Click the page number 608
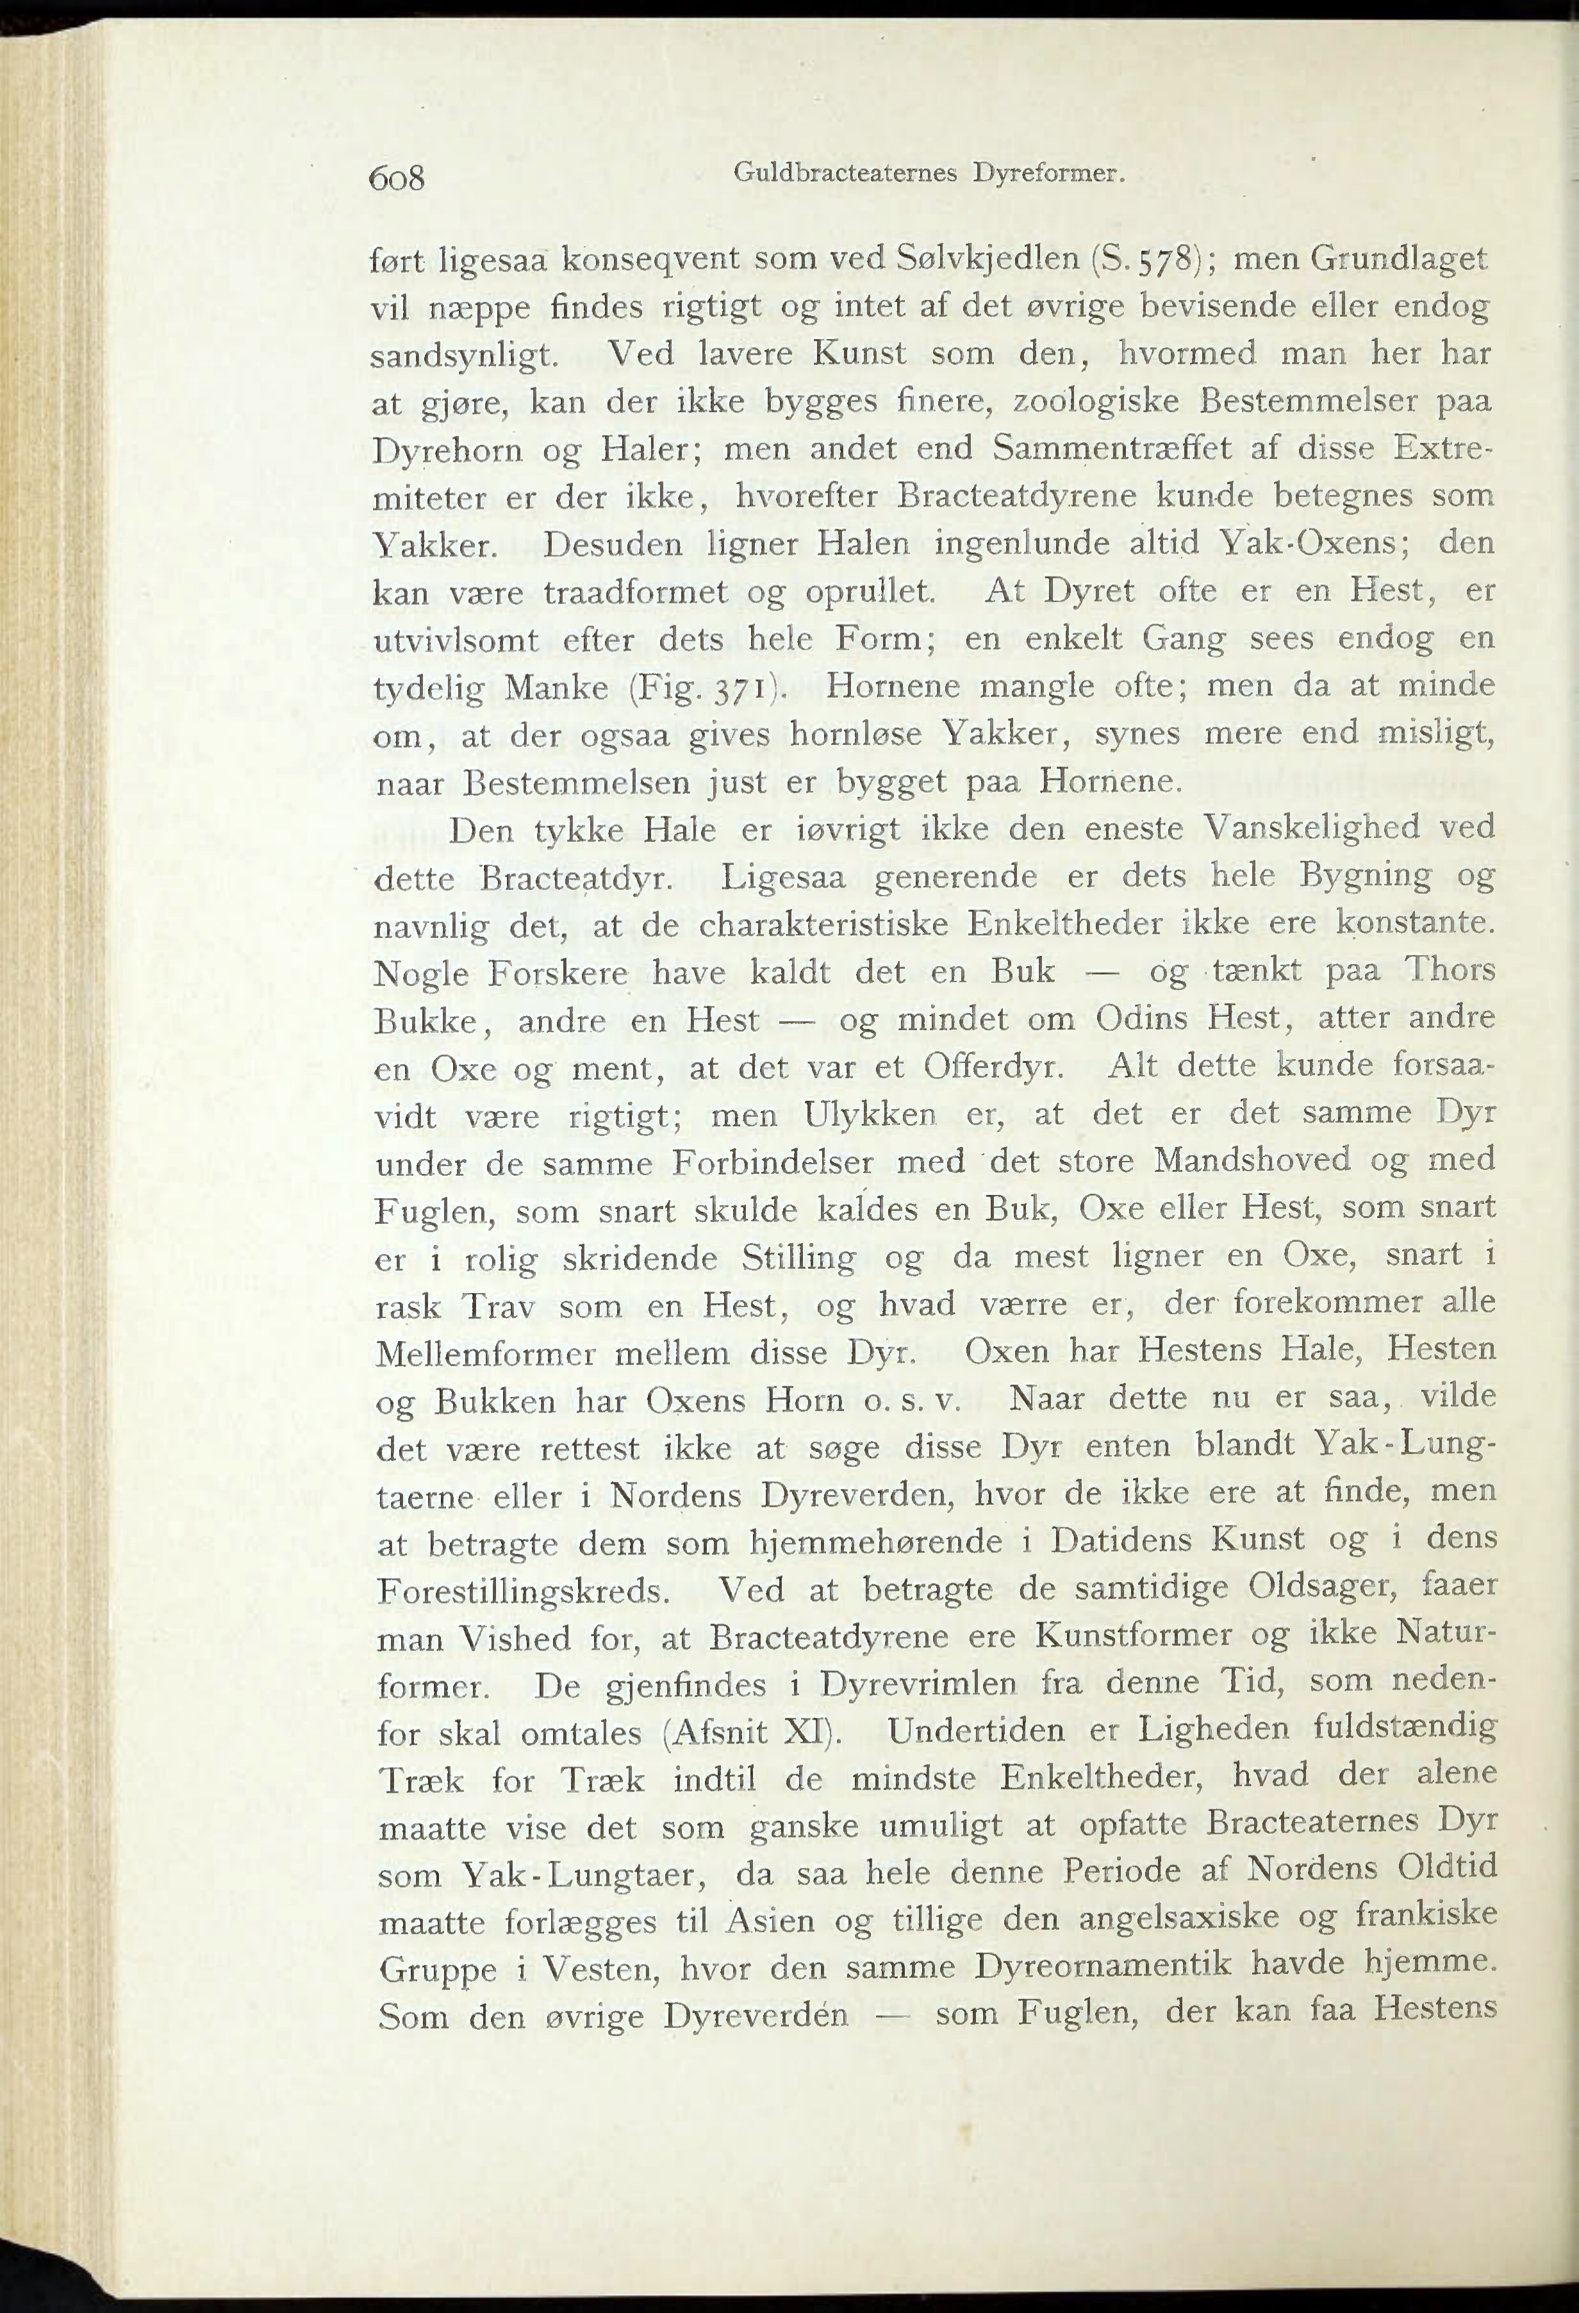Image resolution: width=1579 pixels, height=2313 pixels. pos(396,178)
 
